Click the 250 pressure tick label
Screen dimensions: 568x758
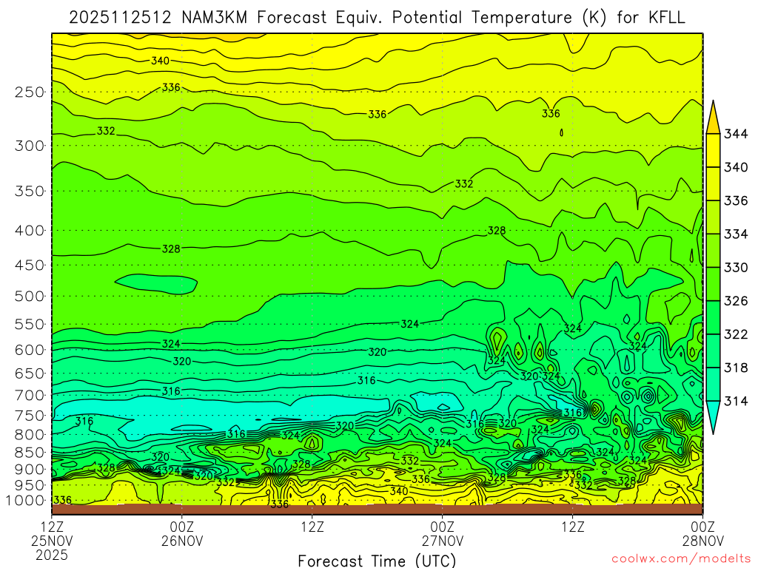(x=30, y=92)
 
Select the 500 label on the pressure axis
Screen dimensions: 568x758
(x=30, y=297)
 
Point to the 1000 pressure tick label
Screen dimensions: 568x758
(x=26, y=500)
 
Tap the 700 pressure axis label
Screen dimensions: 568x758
(x=30, y=394)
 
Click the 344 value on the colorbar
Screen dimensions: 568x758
(x=735, y=134)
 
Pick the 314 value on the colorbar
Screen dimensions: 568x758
(x=735, y=401)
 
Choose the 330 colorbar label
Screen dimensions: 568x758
(x=735, y=268)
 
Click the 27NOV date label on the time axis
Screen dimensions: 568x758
(x=443, y=541)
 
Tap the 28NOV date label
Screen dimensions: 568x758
(x=702, y=541)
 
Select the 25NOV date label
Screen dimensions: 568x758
(x=52, y=541)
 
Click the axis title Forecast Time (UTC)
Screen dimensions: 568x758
(x=378, y=560)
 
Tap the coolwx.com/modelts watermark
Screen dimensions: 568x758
(x=681, y=558)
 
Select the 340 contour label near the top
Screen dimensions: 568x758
(x=161, y=61)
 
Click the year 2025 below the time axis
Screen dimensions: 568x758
(x=52, y=554)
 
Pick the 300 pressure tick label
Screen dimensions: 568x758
(x=30, y=146)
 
